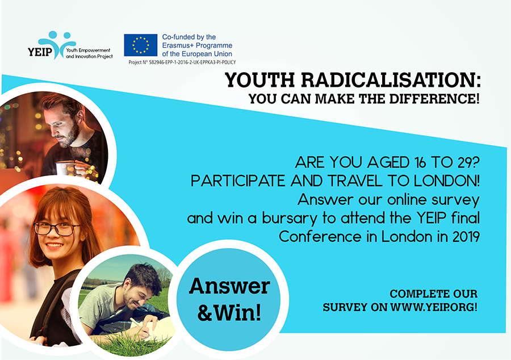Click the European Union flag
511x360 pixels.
[x=140, y=45]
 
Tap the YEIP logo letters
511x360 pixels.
[x=40, y=52]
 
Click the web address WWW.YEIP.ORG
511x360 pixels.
[x=434, y=307]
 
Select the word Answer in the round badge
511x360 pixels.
[x=229, y=286]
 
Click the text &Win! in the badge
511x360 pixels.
[x=229, y=313]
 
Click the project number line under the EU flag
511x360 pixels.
[x=182, y=62]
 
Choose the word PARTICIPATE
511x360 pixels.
[x=238, y=181]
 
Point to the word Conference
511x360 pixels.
[x=320, y=237]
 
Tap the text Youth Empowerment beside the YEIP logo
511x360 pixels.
[x=88, y=50]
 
